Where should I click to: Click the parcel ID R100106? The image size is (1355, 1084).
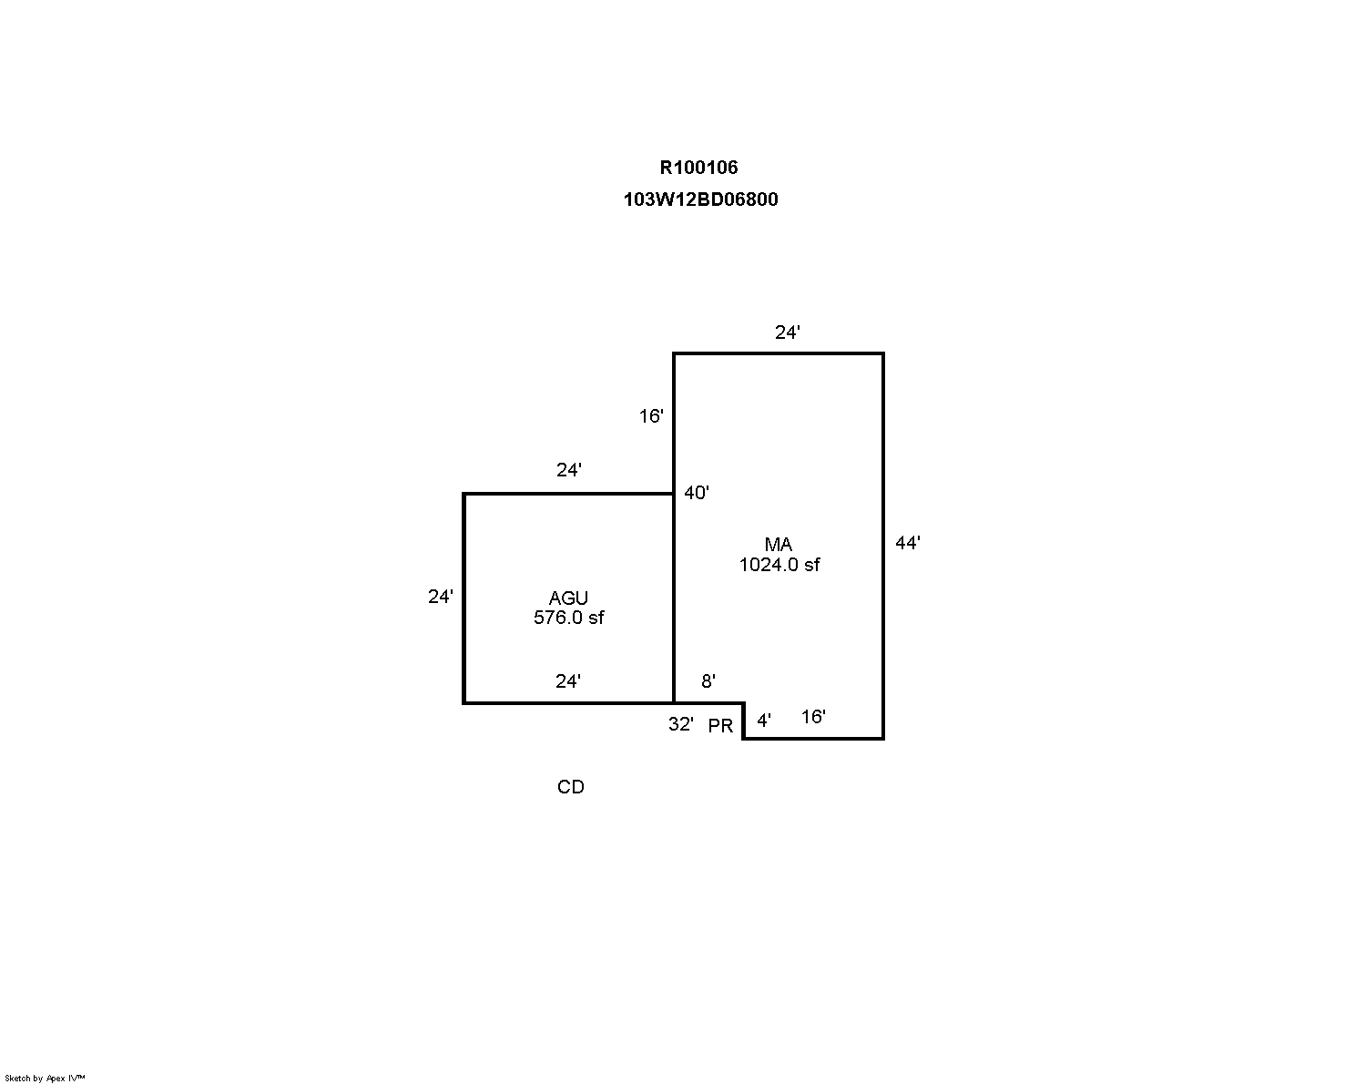point(698,167)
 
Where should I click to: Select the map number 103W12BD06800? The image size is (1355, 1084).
point(700,199)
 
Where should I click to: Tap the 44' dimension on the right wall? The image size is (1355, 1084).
point(907,542)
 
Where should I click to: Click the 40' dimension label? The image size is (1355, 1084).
point(697,492)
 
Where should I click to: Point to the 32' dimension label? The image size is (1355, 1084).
point(680,723)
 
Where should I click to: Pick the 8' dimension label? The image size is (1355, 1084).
point(708,680)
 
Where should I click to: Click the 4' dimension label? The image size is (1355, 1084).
point(764,720)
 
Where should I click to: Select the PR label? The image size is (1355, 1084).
point(720,726)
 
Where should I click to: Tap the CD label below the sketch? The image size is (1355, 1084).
point(570,787)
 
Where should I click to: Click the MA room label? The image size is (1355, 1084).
point(779,544)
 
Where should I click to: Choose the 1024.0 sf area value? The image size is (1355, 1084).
point(779,565)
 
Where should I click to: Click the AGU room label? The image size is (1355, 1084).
point(568,598)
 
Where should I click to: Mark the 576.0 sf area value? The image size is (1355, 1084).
point(568,618)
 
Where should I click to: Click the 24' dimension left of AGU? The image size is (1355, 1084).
point(440,596)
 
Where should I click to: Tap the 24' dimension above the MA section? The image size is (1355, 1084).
point(787,332)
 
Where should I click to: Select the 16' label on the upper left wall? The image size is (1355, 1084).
point(651,415)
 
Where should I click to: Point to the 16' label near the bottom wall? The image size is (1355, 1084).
point(813,716)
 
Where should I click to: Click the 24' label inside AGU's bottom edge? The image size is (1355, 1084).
point(567,680)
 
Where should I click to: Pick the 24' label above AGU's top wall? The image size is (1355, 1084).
point(568,469)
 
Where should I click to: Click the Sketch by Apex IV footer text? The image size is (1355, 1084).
point(45,1078)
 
